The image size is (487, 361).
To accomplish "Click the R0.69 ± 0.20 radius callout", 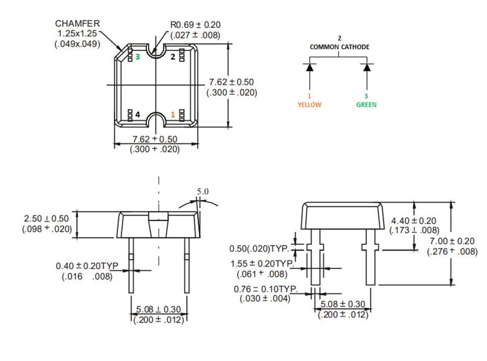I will pos(195,25).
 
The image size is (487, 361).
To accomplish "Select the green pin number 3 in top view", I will pos(137,57).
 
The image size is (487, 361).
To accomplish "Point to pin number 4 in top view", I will pos(137,114).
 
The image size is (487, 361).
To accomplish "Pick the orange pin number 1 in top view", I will pos(172,114).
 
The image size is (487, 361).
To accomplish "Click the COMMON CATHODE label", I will pos(340,47).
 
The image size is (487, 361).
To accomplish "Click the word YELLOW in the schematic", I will pos(309,104).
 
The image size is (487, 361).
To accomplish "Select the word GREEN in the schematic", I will pos(366,104).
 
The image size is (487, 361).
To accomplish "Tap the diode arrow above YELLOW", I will pos(309,67).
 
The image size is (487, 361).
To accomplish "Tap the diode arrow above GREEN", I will pos(366,67).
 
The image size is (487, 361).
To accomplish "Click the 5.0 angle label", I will pos(203,191).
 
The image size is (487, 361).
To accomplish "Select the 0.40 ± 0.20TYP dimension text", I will pos(87,266).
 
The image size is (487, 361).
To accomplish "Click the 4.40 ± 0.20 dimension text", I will pos(414,221).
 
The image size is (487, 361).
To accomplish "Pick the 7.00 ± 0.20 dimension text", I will pos(452,241).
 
